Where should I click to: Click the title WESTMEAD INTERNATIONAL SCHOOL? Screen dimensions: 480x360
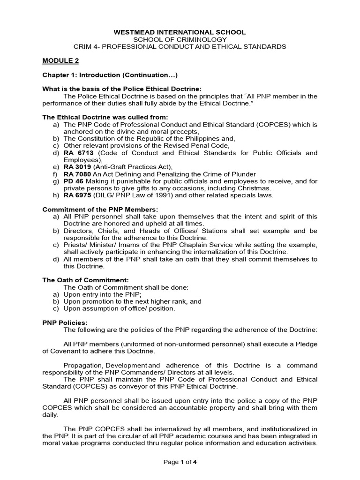(180, 32)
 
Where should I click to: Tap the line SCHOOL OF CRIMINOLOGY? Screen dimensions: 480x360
(180, 39)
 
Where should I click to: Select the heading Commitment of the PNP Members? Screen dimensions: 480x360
(100, 209)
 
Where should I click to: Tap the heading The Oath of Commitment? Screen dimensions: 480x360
(86, 280)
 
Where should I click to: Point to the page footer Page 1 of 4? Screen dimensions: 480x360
(180, 462)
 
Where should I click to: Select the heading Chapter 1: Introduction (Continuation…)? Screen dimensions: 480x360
(110, 75)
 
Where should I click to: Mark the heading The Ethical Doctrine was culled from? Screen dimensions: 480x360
(105, 117)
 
